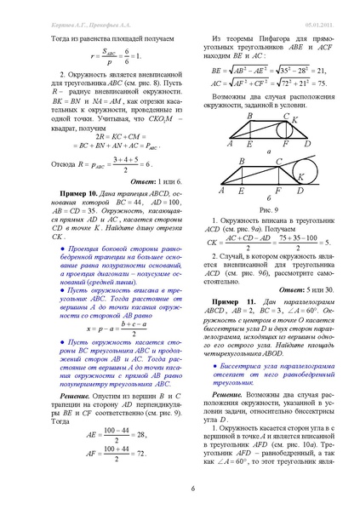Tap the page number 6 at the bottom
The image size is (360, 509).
[x=180, y=488]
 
